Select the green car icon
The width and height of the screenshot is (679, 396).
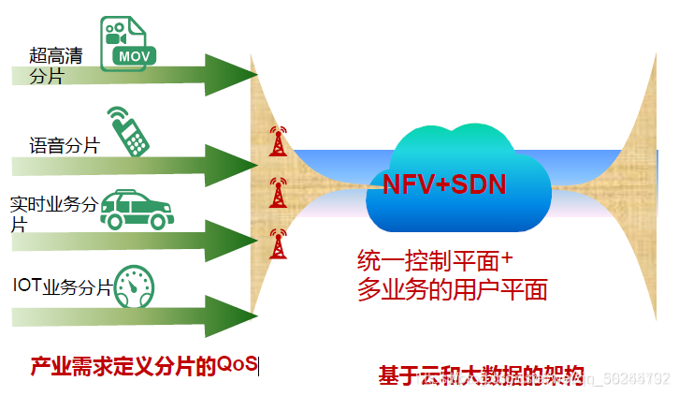136,209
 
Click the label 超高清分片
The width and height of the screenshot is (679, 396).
54,66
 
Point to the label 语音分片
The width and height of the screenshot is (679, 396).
64,145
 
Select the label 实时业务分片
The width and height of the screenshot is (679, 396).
52,214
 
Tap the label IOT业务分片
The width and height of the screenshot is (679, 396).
62,286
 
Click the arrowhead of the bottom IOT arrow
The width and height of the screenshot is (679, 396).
232,316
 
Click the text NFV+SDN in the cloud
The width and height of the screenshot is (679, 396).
444,184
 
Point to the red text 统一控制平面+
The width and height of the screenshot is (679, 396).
436,260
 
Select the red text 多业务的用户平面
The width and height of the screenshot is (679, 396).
452,289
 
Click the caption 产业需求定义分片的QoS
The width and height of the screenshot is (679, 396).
143,365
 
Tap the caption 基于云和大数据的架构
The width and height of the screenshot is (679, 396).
481,375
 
